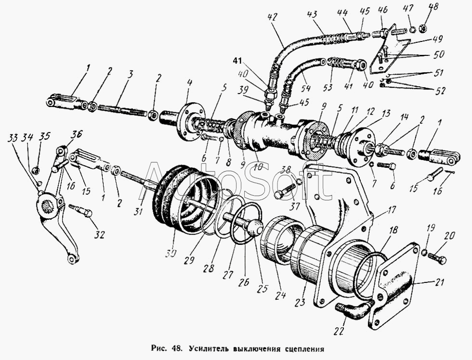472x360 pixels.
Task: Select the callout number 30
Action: [x=170, y=253]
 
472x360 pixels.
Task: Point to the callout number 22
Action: [x=339, y=331]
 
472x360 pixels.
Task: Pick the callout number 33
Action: [x=13, y=138]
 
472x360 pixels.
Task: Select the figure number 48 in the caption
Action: [x=176, y=348]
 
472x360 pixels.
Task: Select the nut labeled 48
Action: [x=423, y=28]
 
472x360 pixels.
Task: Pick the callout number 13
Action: [x=386, y=114]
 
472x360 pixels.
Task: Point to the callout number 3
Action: [x=130, y=75]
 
